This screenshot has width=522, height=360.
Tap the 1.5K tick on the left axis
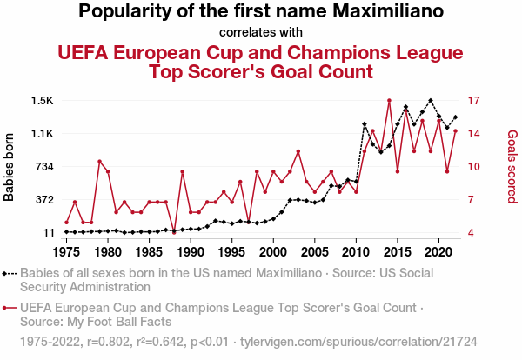pos(42,101)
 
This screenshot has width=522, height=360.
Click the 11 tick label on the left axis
pos(49,233)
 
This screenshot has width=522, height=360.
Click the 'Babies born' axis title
pos(10,167)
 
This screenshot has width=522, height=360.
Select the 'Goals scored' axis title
pos(512,167)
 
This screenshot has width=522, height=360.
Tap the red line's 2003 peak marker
pos(298,151)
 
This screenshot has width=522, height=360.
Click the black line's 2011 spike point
pos(365,124)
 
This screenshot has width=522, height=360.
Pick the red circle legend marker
pos(7,307)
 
